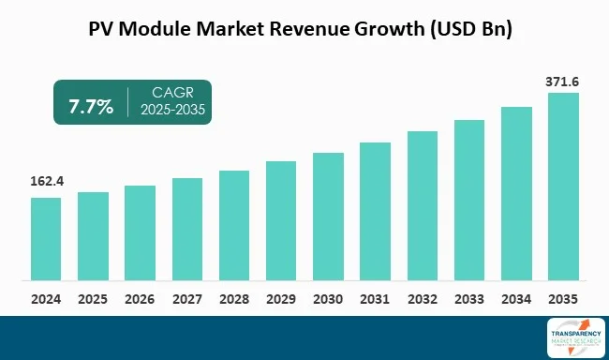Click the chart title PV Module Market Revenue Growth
304,29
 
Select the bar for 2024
46,239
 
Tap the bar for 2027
187,229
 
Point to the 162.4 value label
46,181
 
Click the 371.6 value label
563,82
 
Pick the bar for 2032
423,205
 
